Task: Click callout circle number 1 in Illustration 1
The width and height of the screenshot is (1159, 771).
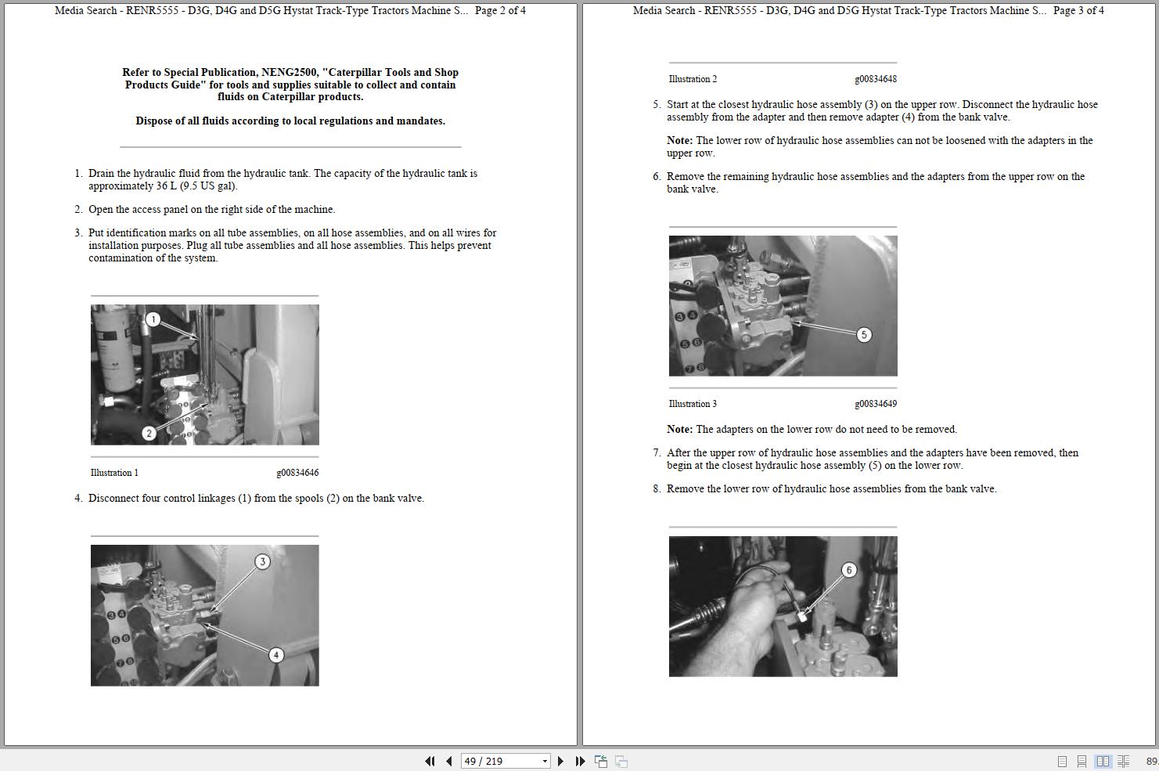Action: (x=153, y=319)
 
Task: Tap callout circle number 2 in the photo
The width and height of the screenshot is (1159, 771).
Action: (x=149, y=433)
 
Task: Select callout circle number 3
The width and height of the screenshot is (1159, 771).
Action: (x=262, y=561)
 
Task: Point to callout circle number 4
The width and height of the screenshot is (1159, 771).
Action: (x=275, y=655)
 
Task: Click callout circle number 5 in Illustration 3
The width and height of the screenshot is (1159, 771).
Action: (x=863, y=335)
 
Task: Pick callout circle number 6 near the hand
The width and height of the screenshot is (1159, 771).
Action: (x=848, y=571)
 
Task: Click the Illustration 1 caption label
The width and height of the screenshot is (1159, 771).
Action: (x=114, y=473)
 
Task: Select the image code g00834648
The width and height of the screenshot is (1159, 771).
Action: (x=876, y=79)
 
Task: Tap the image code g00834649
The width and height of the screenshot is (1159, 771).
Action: (x=876, y=404)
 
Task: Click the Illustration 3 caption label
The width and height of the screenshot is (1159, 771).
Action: (x=693, y=404)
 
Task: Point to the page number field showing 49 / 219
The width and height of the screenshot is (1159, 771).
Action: (x=505, y=761)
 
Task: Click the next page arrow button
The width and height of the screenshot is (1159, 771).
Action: (x=560, y=761)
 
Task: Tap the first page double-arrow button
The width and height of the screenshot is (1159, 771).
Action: (x=430, y=761)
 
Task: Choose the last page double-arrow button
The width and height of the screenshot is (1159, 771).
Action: (x=580, y=761)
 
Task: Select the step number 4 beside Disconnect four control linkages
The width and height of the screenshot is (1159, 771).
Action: (x=78, y=499)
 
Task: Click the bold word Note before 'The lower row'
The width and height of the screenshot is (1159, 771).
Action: (x=679, y=140)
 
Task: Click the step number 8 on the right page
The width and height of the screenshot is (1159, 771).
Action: (x=657, y=489)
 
